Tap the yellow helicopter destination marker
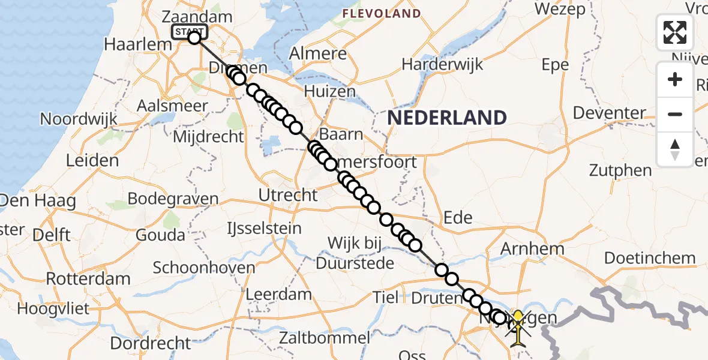click(518, 326)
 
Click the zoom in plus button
click(675, 80)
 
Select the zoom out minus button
click(675, 114)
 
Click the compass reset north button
click(675, 149)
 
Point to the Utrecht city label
click(287, 195)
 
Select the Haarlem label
click(130, 44)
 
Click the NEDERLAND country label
click(446, 118)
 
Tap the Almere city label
click(318, 53)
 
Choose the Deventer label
click(609, 113)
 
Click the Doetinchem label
click(650, 259)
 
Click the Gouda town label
click(160, 235)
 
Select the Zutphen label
click(620, 170)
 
